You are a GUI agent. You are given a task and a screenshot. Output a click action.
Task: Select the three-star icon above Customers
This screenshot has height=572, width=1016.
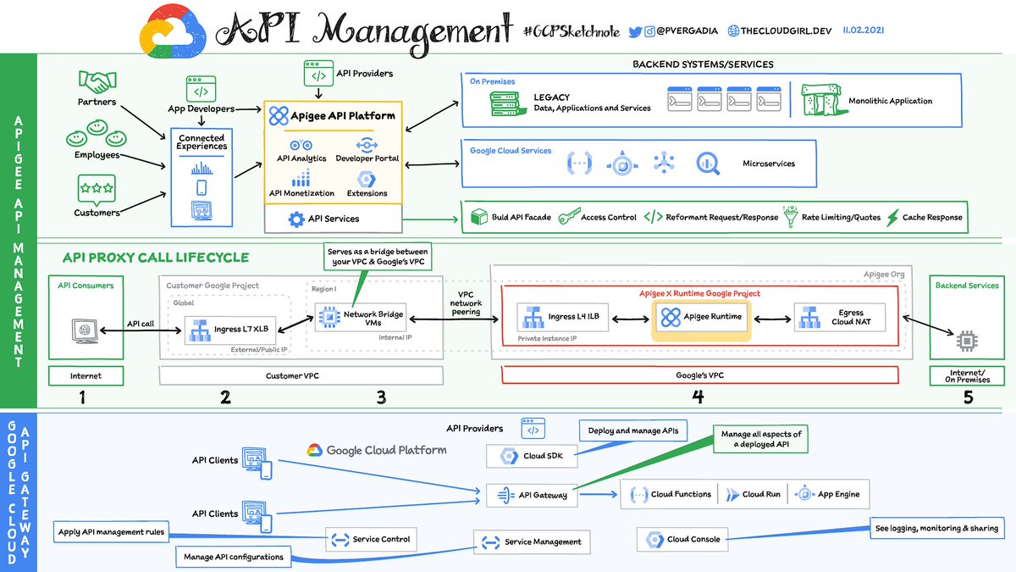coord(96,186)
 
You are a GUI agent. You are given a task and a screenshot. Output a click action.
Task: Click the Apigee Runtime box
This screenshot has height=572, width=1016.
coord(700,317)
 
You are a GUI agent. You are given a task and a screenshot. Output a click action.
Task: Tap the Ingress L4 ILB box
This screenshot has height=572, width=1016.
coord(562,317)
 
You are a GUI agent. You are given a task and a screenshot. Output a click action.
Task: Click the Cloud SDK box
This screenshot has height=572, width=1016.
coord(531,455)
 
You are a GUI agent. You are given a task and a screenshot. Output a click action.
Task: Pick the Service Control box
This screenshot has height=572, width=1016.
coord(372,539)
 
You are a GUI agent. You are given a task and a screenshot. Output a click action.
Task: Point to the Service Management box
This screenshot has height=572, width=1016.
coord(531,541)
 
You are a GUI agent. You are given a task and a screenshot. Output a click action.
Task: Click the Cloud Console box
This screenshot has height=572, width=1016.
coord(682,539)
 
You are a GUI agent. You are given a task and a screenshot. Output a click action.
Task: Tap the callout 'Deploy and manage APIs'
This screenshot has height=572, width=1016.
coord(634,430)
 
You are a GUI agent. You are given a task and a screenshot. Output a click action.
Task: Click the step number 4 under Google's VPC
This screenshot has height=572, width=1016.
coord(698,397)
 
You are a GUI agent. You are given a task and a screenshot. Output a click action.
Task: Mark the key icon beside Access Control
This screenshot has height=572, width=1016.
coord(569,217)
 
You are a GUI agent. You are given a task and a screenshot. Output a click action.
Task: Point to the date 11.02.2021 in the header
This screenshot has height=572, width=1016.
coord(864,30)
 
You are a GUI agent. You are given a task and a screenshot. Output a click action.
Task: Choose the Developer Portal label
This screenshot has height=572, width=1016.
coord(367,158)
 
